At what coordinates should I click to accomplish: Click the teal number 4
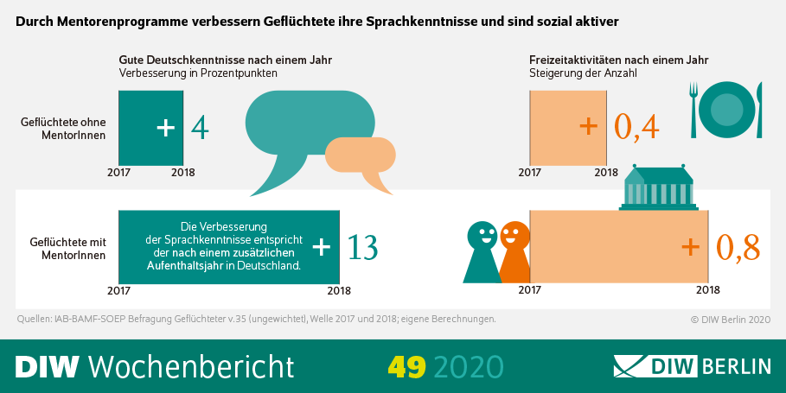tap(200, 128)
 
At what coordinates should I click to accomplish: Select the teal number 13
tap(361, 247)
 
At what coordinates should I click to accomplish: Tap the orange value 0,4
tap(636, 127)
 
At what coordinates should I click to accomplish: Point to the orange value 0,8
tap(738, 247)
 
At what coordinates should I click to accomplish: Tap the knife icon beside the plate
tap(757, 110)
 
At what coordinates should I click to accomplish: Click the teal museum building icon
tap(659, 187)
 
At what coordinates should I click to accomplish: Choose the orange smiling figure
tap(514, 250)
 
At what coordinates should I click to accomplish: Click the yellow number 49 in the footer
tap(406, 366)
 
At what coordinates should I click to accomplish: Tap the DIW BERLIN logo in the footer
tap(691, 365)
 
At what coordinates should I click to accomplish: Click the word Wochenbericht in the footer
tap(191, 366)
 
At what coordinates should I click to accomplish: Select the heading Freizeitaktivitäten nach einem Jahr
tap(618, 60)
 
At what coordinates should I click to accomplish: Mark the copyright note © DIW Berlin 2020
tap(730, 320)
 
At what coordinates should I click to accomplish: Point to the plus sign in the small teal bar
tap(166, 128)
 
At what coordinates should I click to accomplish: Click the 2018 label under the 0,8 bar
tap(707, 290)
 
